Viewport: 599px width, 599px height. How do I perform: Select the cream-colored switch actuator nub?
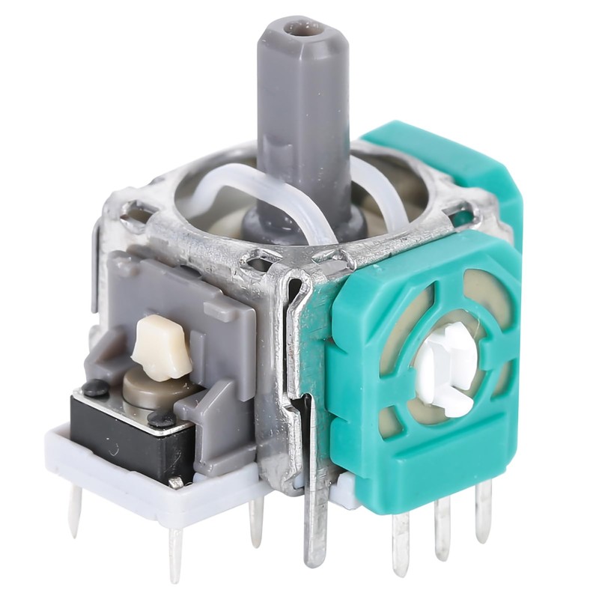tap(162, 346)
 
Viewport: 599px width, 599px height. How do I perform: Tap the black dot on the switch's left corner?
tap(95, 387)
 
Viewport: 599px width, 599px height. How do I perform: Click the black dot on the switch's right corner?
tap(161, 420)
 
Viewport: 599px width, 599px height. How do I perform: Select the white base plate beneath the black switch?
tap(150, 494)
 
